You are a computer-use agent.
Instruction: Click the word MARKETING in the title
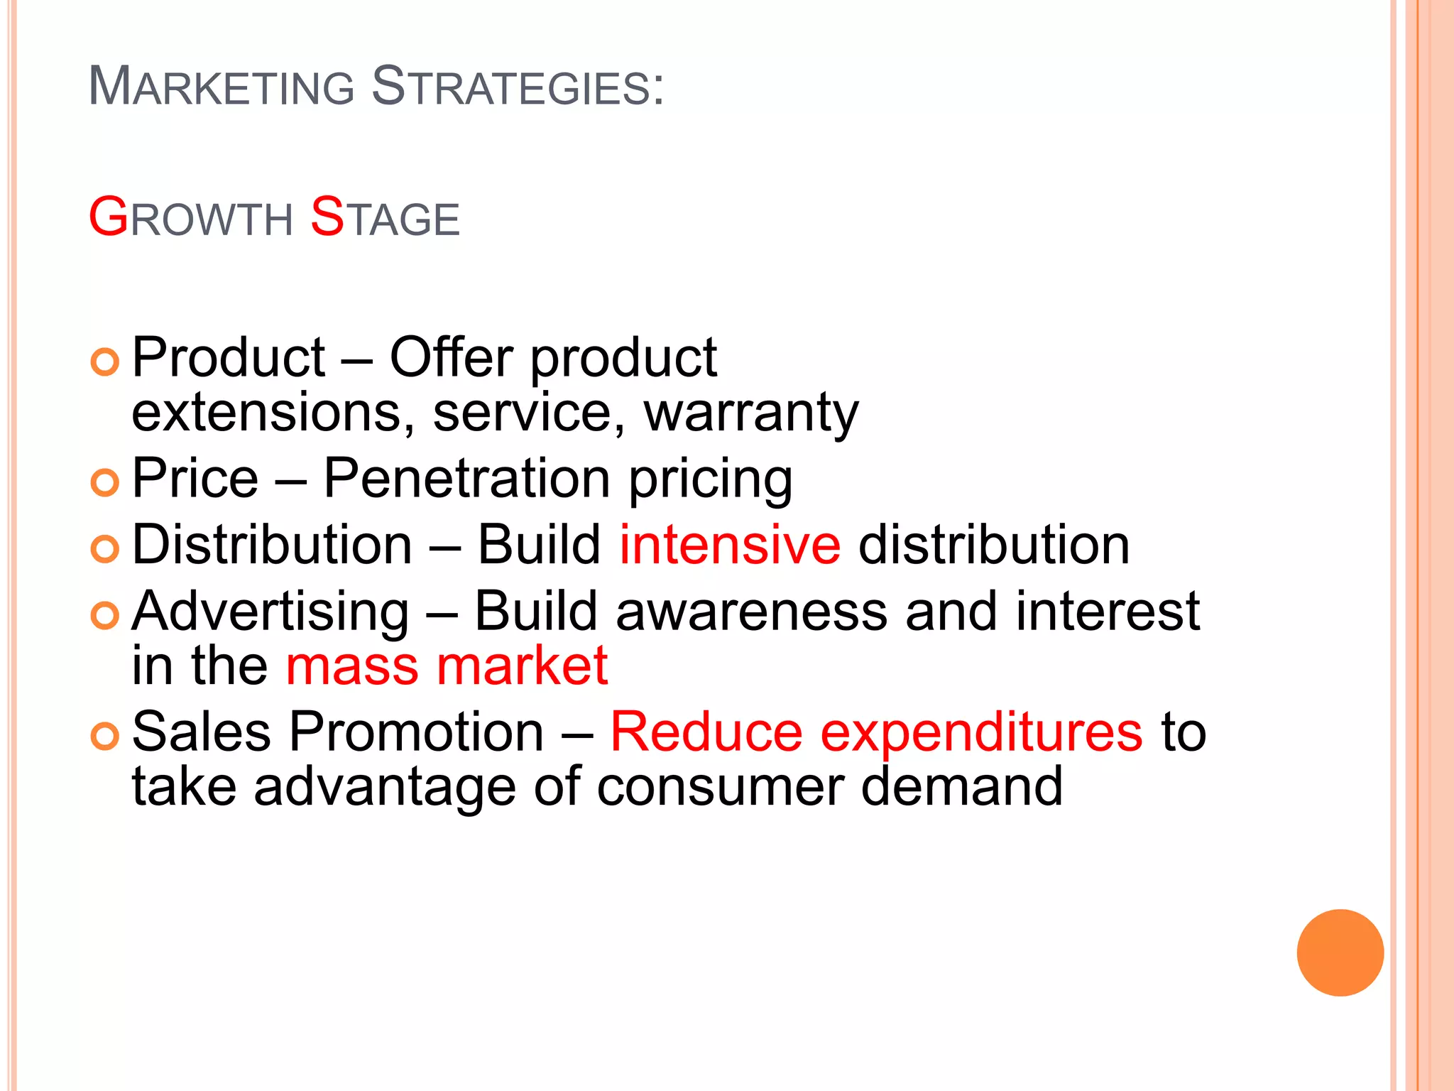(221, 87)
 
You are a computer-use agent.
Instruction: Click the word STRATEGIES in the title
(518, 87)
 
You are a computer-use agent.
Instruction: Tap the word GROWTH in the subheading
(190, 217)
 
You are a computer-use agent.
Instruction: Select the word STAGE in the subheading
(385, 217)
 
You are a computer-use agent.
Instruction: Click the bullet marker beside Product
(105, 362)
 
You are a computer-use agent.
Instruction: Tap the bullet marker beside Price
(105, 483)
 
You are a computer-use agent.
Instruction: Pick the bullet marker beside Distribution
(105, 549)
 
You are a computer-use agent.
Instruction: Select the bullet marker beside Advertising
(105, 615)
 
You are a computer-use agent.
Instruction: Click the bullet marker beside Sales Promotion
(105, 737)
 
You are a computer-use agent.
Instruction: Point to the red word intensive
(730, 545)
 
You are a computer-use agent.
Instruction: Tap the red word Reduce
(706, 732)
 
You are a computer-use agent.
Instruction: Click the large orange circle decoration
(1340, 952)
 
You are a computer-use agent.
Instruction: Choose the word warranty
(751, 414)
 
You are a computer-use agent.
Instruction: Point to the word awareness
(752, 612)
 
